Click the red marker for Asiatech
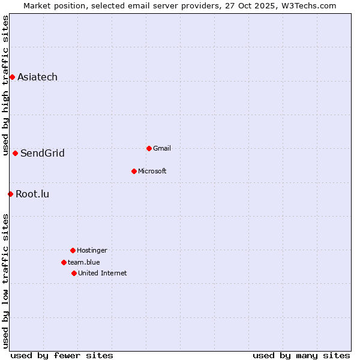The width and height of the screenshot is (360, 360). (x=12, y=77)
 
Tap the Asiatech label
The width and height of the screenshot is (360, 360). (x=37, y=77)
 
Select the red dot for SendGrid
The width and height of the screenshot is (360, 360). (x=15, y=153)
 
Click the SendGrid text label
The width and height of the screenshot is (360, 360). (x=42, y=153)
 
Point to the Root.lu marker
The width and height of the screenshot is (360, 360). (x=10, y=194)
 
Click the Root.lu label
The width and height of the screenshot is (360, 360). (x=32, y=194)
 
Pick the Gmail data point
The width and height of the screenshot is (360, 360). (x=149, y=148)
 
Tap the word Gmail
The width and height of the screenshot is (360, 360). (x=162, y=148)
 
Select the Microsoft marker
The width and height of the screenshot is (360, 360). (x=134, y=171)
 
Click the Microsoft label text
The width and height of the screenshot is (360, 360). (x=152, y=171)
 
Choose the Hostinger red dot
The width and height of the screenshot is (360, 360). (x=73, y=250)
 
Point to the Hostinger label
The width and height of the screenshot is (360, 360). (x=92, y=250)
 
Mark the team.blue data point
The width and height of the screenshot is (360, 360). (x=64, y=262)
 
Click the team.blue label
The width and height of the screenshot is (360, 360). (x=84, y=262)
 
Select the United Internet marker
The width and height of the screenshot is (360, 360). (x=74, y=273)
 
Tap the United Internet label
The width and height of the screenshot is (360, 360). (x=103, y=273)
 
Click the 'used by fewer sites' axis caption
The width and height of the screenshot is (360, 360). (x=62, y=355)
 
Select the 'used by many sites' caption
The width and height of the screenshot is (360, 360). (x=301, y=355)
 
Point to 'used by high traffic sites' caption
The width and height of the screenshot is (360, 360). (x=5, y=85)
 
